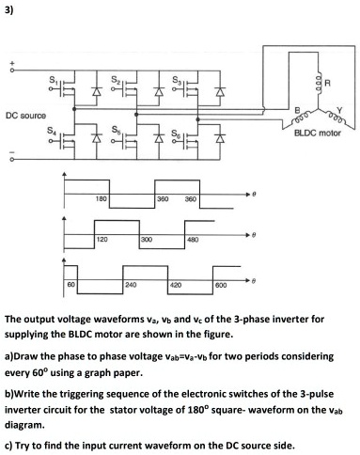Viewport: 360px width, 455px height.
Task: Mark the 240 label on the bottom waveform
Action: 128,283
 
